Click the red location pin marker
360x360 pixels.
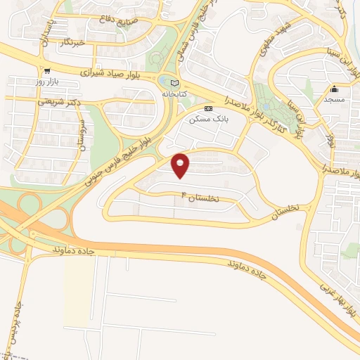point(181,165)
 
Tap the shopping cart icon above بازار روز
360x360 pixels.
point(46,70)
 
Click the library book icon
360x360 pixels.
point(175,82)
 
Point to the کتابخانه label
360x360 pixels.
point(176,94)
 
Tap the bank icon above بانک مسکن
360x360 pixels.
point(208,108)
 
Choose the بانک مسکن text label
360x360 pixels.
point(208,120)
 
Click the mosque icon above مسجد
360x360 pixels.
point(335,89)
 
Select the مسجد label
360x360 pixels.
point(335,101)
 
